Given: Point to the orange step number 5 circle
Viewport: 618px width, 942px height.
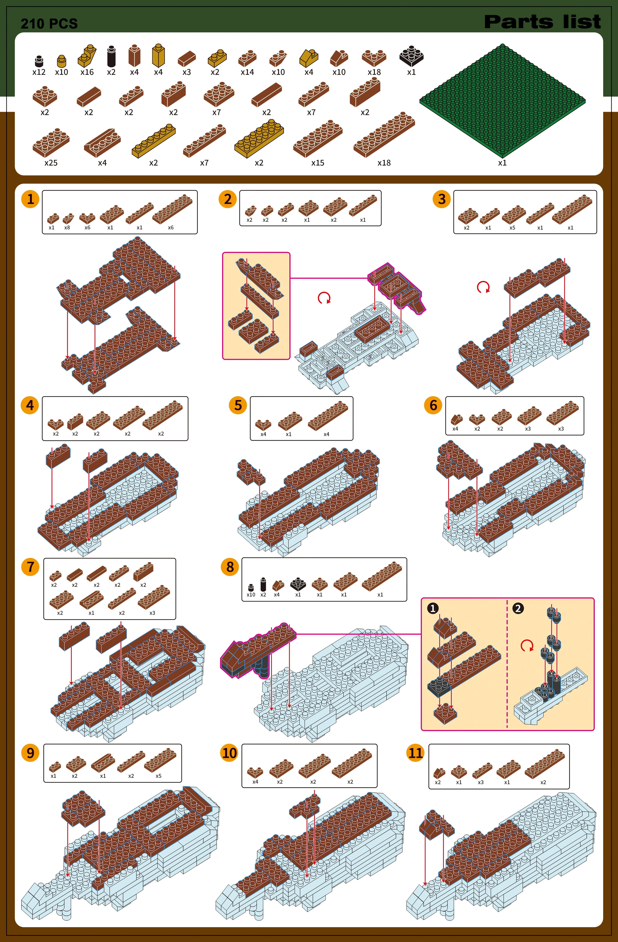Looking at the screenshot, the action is [x=238, y=405].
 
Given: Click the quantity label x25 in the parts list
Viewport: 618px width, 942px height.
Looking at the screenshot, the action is [x=51, y=163].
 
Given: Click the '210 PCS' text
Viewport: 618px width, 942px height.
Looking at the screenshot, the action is [x=49, y=24].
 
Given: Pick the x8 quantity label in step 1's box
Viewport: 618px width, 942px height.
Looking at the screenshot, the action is [x=67, y=228].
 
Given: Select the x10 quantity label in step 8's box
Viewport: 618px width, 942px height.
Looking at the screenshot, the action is [x=251, y=594].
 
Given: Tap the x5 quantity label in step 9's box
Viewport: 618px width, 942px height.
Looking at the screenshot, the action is [x=158, y=776].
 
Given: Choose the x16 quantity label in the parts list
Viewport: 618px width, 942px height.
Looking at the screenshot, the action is [x=87, y=72].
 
